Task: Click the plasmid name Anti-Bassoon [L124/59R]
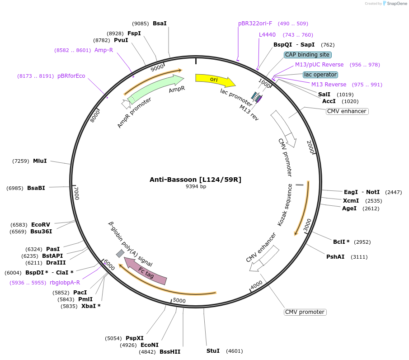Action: tap(195, 180)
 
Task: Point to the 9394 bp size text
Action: tap(196, 186)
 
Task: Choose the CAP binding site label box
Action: tap(308, 55)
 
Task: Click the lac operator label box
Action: tap(320, 74)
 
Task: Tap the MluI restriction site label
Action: tap(40, 161)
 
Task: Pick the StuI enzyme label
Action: tap(213, 351)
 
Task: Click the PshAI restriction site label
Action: tap(335, 257)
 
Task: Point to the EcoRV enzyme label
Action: tap(41, 225)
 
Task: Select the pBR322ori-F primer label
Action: tap(255, 24)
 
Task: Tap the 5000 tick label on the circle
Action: tap(179, 300)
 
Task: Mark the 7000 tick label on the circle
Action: tap(76, 193)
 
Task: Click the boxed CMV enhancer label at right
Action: tap(347, 111)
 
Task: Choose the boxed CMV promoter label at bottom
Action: tap(305, 312)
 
